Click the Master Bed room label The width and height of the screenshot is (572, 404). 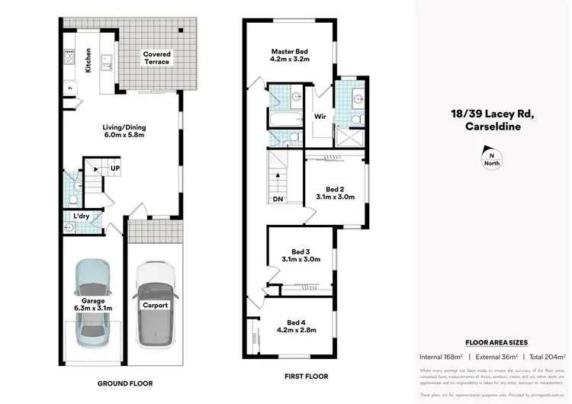(x=288, y=53)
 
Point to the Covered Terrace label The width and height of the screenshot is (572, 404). (x=157, y=59)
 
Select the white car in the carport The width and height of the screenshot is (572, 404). (x=155, y=305)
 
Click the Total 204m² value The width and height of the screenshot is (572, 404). (x=547, y=357)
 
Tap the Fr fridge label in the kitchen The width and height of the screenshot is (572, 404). (x=70, y=88)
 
